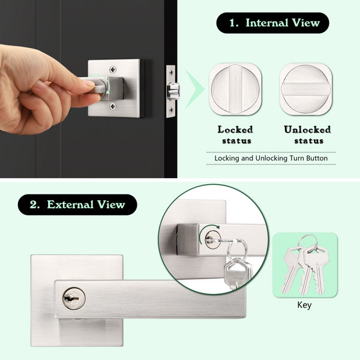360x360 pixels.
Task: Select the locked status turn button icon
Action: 235,88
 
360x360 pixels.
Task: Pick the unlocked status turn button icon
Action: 306,88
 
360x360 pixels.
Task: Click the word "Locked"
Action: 235,129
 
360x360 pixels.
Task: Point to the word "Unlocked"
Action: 307,129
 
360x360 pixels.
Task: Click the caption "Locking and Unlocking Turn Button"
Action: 271,158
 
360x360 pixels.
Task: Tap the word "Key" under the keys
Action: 305,304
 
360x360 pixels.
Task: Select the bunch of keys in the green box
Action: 304,264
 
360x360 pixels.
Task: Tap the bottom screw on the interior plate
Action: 112,107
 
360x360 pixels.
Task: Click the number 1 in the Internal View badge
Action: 233,23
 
